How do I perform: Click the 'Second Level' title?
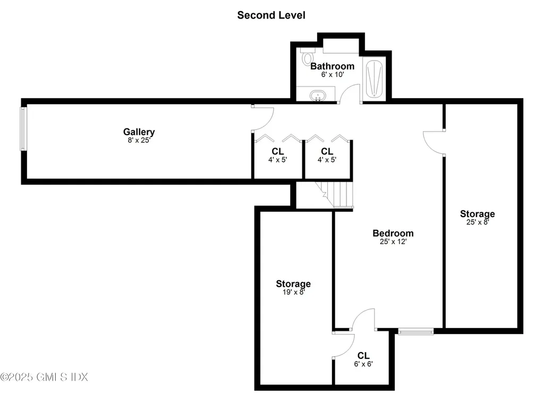[x=271, y=15]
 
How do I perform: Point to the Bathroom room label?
[x=332, y=66]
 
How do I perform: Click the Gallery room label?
[x=139, y=132]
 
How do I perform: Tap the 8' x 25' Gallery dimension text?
[x=139, y=141]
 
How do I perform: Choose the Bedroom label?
[x=393, y=233]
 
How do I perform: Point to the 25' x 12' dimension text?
[x=393, y=242]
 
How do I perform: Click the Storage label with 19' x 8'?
[x=293, y=284]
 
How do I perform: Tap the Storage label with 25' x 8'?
[x=477, y=214]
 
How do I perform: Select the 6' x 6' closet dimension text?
[x=363, y=364]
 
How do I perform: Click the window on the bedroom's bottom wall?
[x=416, y=332]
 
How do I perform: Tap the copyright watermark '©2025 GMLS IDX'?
[x=44, y=377]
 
